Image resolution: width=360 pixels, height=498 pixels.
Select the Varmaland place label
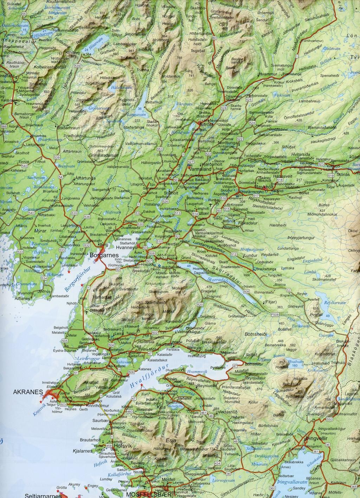click(200, 169)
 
